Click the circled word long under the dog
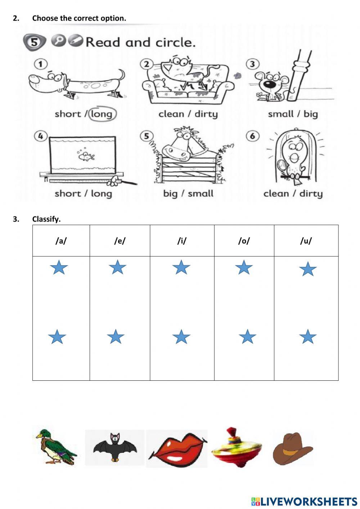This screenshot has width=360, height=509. pyautogui.click(x=102, y=114)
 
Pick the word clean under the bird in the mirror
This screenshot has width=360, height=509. pyautogui.click(x=276, y=193)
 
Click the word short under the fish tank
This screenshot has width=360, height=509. pyautogui.click(x=68, y=193)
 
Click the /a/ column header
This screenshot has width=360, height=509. pyautogui.click(x=61, y=241)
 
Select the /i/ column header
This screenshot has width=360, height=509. pyautogui.click(x=182, y=241)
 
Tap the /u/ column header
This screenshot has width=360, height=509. pyautogui.click(x=306, y=241)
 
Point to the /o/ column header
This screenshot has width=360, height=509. pyautogui.click(x=244, y=241)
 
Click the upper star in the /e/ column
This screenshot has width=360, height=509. pyautogui.click(x=117, y=268)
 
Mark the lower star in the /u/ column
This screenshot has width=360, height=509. pyautogui.click(x=308, y=337)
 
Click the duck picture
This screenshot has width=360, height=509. pyautogui.click(x=55, y=447)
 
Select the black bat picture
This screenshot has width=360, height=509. pyautogui.click(x=115, y=447)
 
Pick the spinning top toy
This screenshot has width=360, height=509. pyautogui.click(x=236, y=447)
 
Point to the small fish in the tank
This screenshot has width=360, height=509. pyautogui.click(x=86, y=156)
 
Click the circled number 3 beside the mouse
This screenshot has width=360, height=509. pyautogui.click(x=253, y=64)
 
